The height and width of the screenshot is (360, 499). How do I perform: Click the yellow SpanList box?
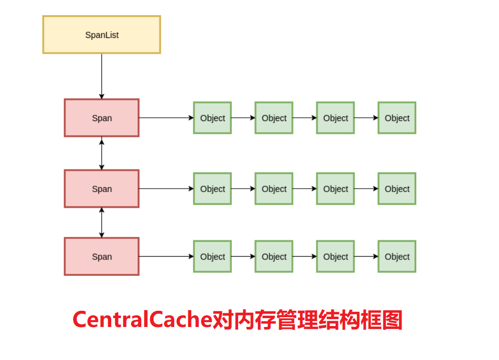tap(101, 34)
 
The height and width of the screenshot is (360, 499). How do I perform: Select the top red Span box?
tap(101, 118)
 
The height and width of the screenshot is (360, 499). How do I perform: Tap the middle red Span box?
tap(101, 189)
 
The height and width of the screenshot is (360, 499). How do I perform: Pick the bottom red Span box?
tap(101, 257)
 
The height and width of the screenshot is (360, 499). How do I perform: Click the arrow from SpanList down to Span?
tap(102, 76)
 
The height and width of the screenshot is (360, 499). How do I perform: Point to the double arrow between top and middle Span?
tap(102, 153)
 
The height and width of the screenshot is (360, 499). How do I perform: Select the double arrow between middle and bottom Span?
tap(102, 223)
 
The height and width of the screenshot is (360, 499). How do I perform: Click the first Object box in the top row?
tap(212, 118)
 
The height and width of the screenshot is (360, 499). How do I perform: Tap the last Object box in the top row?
tap(397, 118)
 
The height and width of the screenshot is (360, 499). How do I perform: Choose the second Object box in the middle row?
tap(274, 189)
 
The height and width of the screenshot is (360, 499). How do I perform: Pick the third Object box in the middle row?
tap(335, 189)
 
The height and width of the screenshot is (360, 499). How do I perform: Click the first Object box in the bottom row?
tap(212, 257)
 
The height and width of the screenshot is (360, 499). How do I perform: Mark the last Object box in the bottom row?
tap(397, 257)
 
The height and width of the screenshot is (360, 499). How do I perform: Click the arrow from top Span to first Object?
tap(166, 118)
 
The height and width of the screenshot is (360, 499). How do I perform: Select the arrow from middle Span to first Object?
tap(166, 189)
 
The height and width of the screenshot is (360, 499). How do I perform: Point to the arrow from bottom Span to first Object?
tap(166, 257)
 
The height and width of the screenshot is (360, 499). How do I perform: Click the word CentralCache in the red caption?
tap(142, 320)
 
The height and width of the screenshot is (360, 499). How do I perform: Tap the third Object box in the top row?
tap(335, 118)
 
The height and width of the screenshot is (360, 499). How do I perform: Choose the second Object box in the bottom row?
tap(274, 257)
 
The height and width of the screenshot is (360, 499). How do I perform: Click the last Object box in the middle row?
tap(397, 189)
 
